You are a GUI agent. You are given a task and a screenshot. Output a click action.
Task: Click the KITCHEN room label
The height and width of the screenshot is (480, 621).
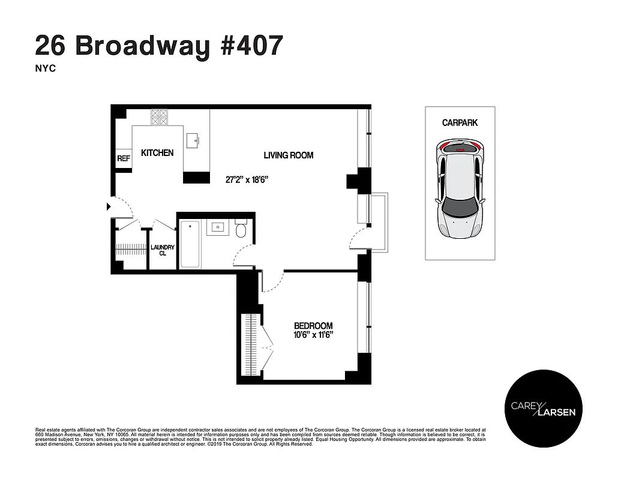[x=157, y=153]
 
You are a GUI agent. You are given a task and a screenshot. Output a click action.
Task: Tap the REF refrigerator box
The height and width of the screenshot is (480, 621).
[x=124, y=159]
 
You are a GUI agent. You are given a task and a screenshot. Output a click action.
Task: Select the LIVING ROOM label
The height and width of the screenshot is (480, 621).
[x=289, y=155]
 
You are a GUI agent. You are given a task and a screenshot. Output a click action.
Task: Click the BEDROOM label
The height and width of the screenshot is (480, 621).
[x=313, y=326]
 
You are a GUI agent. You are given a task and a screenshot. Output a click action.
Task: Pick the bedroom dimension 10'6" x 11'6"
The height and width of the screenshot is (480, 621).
[x=313, y=335]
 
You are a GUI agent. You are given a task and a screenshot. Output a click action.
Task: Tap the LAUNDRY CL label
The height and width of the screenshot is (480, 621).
[x=162, y=250]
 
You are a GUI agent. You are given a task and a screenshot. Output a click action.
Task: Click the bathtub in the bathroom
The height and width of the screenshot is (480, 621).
[x=190, y=244]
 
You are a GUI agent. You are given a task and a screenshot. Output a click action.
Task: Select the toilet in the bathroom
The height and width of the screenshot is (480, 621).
[x=242, y=231]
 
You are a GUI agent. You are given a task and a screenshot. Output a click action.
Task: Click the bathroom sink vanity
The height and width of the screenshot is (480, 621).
[x=217, y=227]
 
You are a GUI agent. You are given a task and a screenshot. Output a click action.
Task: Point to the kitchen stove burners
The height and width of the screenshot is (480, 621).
[x=159, y=116]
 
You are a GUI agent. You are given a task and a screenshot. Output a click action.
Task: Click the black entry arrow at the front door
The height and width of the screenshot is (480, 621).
[x=109, y=207]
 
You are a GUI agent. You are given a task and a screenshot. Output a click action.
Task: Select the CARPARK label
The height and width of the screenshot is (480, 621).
[x=460, y=122]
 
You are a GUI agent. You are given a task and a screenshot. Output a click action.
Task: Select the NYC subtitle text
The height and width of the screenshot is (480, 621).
[x=46, y=69]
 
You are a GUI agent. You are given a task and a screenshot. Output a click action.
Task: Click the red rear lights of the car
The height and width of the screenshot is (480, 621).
[x=460, y=145]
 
